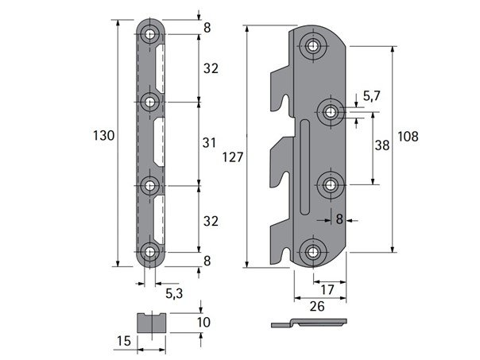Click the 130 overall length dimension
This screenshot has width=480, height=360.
(104, 135)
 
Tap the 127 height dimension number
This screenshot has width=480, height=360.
(233, 157)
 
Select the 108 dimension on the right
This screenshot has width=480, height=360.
(408, 137)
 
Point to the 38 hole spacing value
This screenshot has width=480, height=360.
(382, 145)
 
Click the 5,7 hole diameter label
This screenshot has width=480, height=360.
(372, 96)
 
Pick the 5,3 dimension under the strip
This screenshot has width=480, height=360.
(174, 293)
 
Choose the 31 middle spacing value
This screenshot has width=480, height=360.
(209, 143)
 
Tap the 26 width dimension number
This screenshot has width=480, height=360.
(317, 307)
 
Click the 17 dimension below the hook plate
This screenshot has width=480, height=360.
(327, 289)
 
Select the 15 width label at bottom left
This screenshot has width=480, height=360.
(124, 341)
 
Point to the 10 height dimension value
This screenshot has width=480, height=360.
(203, 323)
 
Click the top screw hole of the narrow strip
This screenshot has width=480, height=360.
(149, 34)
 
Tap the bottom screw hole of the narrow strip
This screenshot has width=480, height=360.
(149, 252)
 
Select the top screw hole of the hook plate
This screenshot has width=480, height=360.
(312, 46)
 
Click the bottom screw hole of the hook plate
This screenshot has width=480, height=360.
(312, 252)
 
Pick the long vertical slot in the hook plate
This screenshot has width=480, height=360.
(304, 167)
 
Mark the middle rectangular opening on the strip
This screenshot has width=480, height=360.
(159, 142)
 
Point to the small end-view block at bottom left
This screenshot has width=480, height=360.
(152, 323)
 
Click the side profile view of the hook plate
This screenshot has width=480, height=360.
(309, 323)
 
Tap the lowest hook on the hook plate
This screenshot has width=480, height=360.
(281, 242)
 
